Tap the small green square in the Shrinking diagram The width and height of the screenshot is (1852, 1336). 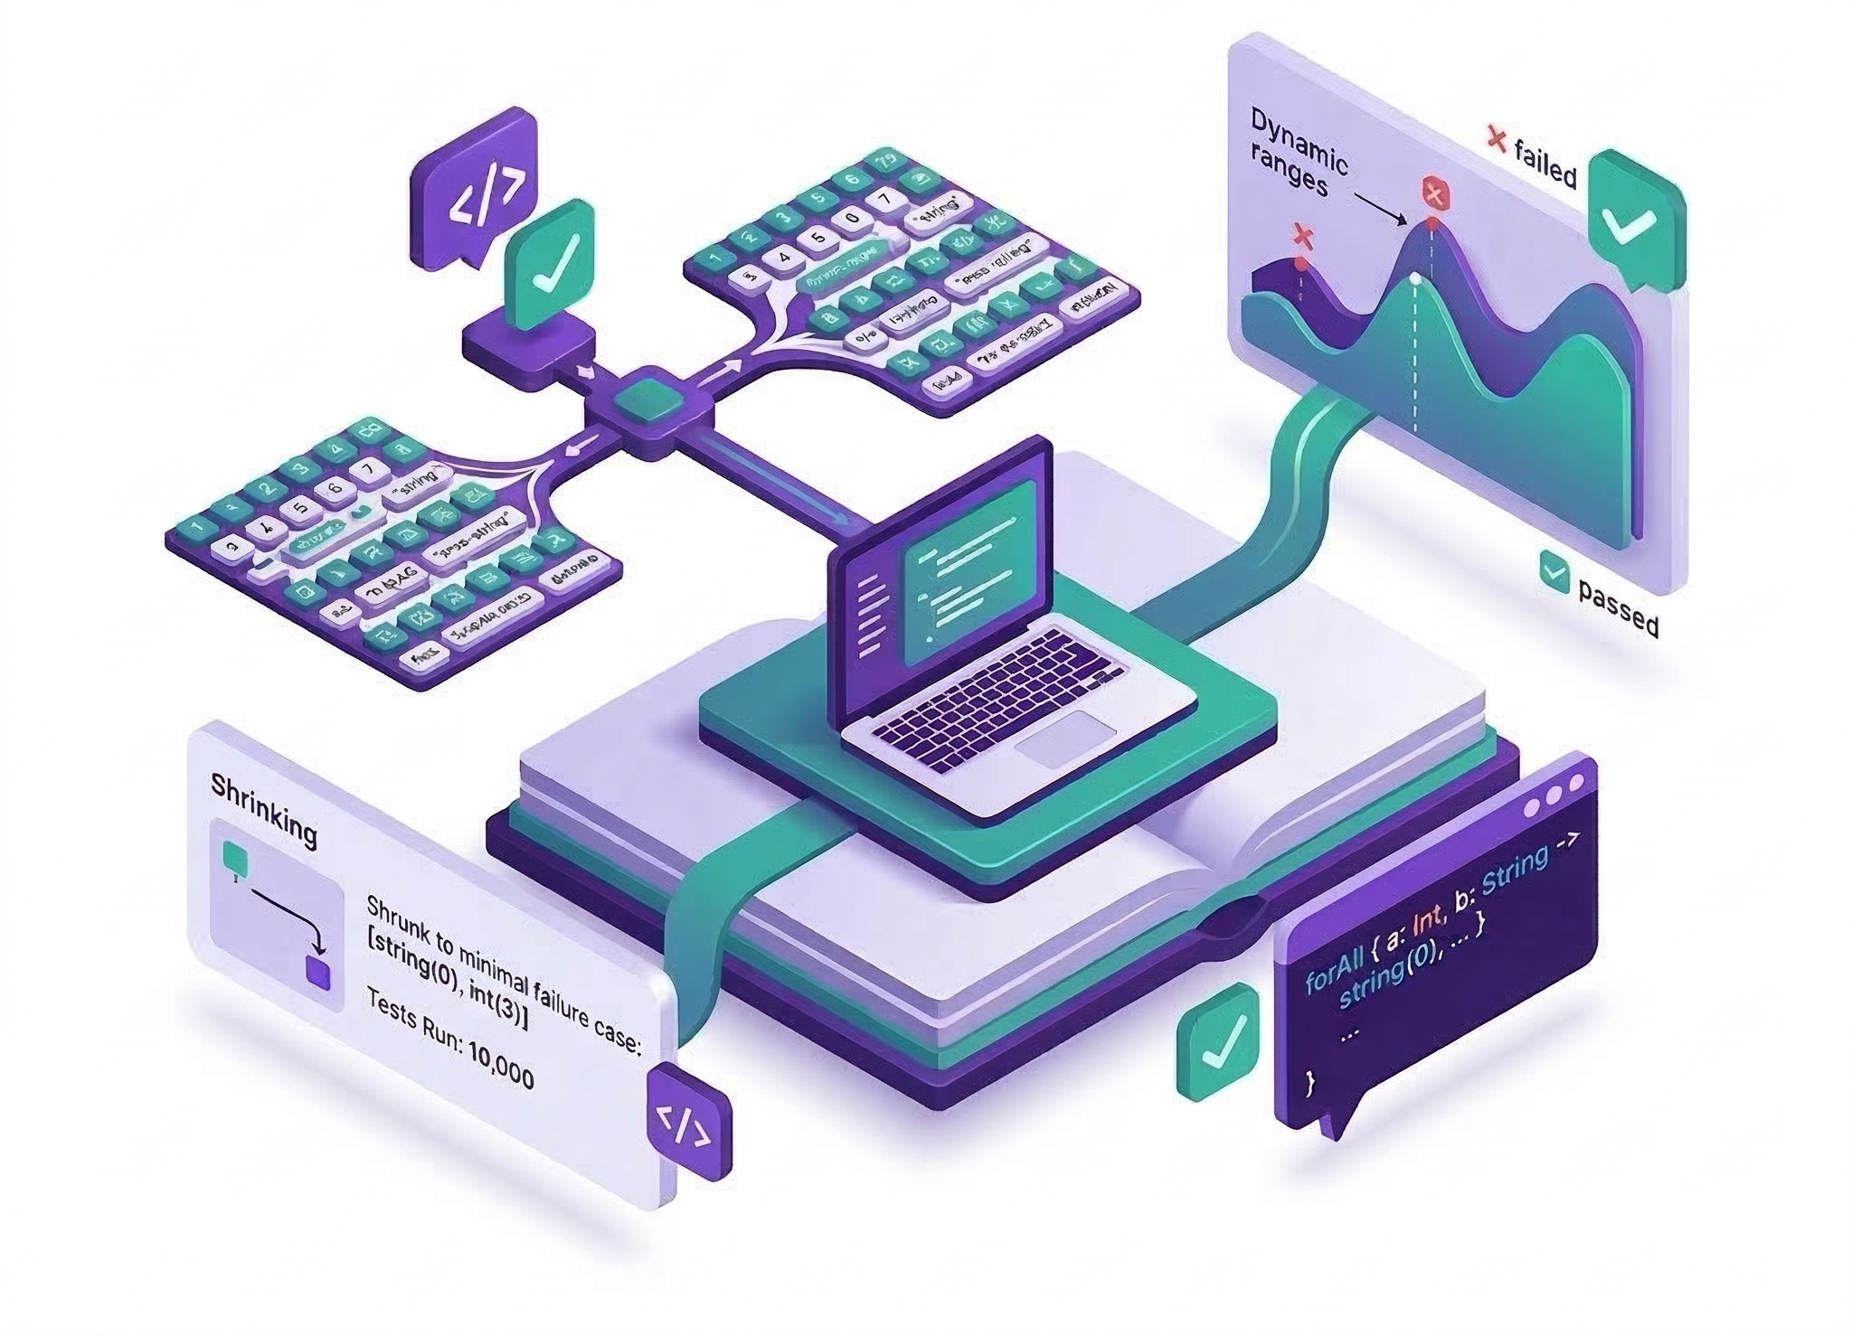[x=234, y=853]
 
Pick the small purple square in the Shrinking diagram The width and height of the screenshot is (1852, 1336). [x=318, y=974]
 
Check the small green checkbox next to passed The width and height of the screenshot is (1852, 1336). [x=1554, y=570]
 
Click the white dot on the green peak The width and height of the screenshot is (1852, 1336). [x=1415, y=279]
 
